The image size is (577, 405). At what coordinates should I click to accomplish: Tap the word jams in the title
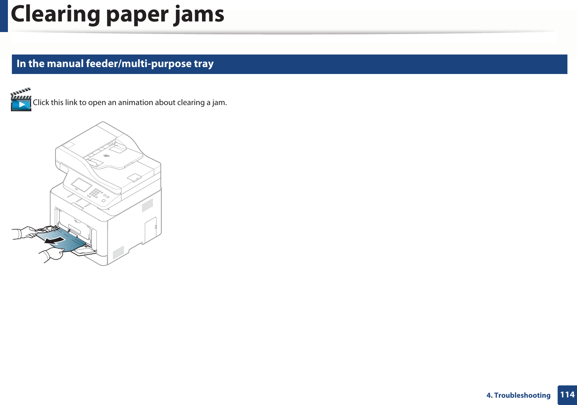click(x=199, y=15)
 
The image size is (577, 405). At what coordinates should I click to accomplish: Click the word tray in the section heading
click(x=204, y=63)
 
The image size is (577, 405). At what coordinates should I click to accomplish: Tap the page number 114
click(x=567, y=395)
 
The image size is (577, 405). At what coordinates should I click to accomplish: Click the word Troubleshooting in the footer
click(x=522, y=395)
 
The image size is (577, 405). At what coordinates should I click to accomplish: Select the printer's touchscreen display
click(x=81, y=185)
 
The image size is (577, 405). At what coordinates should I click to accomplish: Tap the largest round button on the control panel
click(x=104, y=201)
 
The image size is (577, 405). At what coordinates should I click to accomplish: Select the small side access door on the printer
click(x=151, y=230)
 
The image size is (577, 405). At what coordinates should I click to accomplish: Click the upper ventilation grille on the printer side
click(x=147, y=205)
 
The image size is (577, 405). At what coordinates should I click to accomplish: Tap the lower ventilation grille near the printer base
click(x=118, y=253)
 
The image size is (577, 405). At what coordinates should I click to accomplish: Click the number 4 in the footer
click(x=489, y=395)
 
